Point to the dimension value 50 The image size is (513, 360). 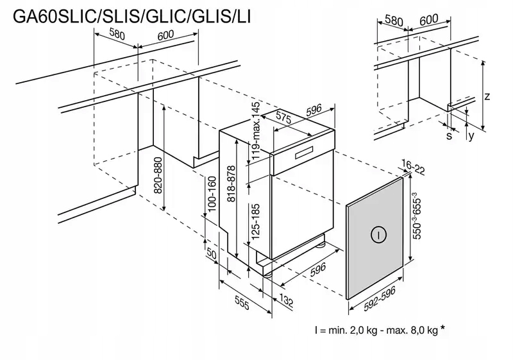point(210,255)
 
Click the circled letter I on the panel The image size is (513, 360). point(379,235)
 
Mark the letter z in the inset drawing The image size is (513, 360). point(488,96)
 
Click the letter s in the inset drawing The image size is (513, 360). point(449,135)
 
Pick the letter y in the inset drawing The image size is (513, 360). point(471,135)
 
